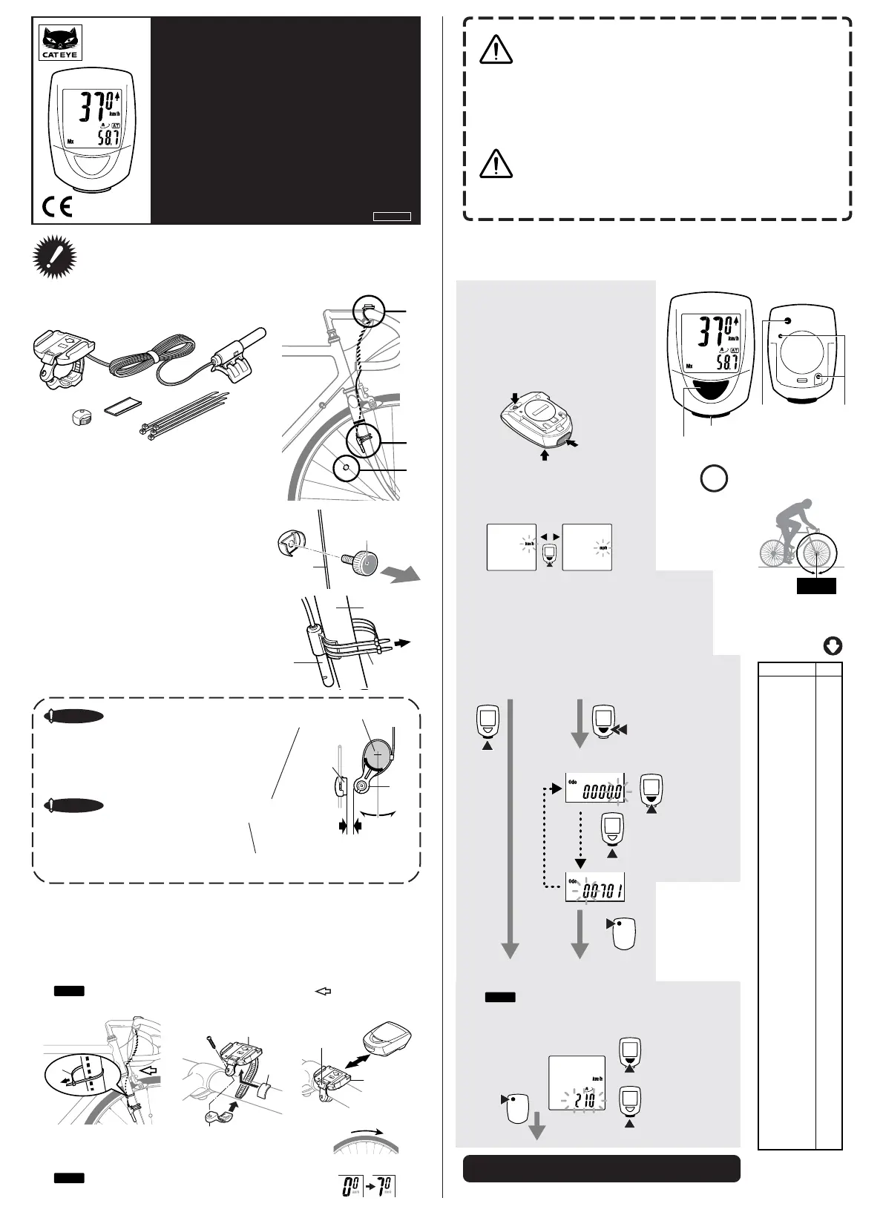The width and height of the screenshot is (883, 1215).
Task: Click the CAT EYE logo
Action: (60, 42)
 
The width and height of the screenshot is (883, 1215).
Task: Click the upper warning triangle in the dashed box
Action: (496, 50)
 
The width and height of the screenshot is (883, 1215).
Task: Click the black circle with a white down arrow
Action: (832, 646)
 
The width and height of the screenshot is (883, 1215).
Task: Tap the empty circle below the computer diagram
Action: (713, 478)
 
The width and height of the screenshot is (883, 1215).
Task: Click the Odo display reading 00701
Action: (594, 886)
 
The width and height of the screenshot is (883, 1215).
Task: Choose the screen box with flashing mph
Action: (587, 547)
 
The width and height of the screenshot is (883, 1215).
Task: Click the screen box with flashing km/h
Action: (511, 547)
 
